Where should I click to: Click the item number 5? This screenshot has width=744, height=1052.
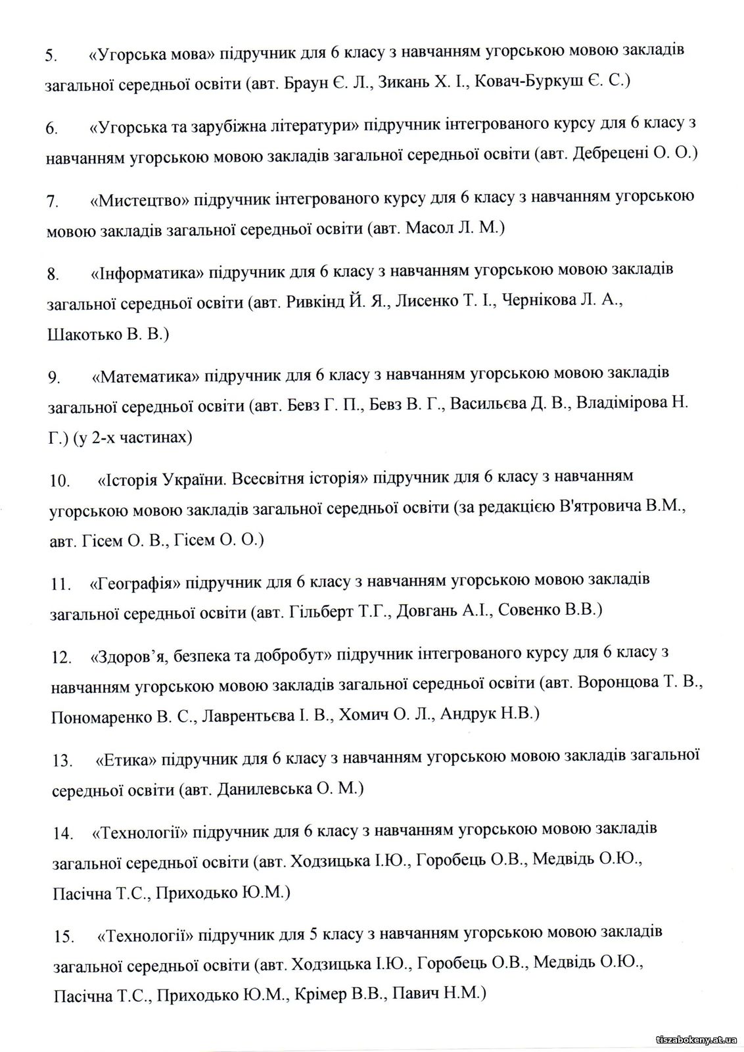coord(51,56)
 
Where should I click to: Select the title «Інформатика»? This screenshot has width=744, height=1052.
coord(144,272)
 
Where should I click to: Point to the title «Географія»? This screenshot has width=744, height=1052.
coord(135,583)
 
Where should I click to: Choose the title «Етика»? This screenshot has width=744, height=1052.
coord(126,759)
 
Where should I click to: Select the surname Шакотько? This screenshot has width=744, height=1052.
coord(85,334)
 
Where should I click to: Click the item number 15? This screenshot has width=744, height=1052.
coord(64,937)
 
